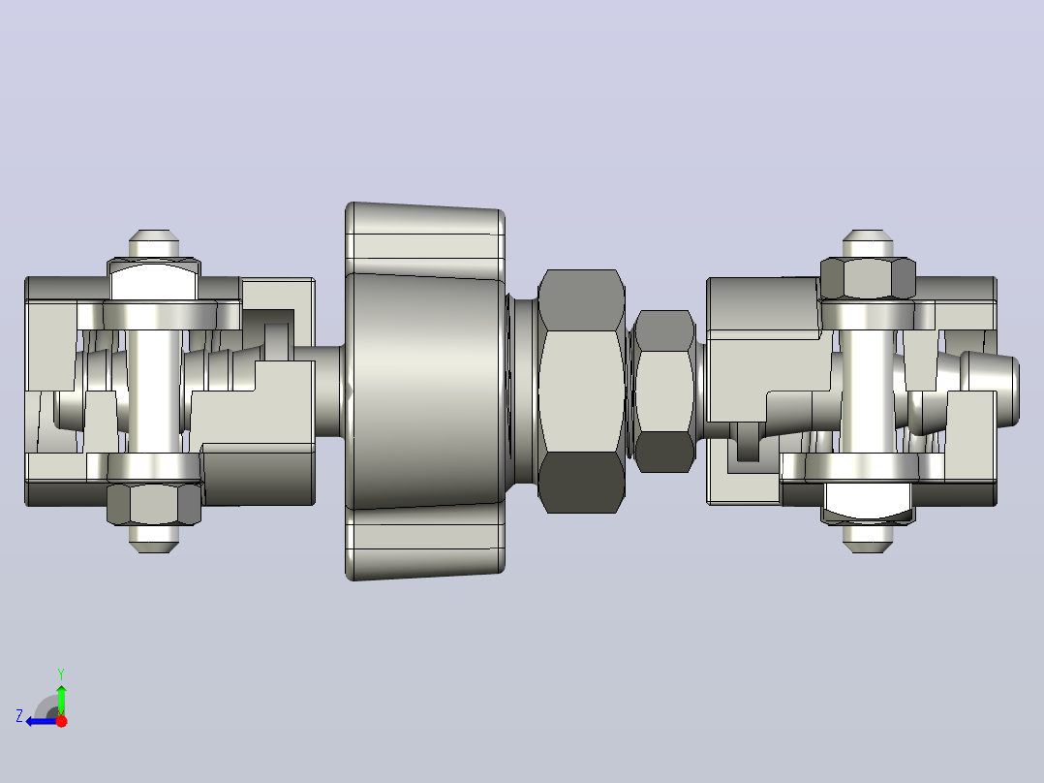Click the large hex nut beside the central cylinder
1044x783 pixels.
click(581, 391)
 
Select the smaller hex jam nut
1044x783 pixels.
click(663, 391)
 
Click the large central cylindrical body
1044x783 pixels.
click(425, 391)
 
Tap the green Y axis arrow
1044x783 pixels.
click(61, 693)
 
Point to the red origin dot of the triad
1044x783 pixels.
click(62, 721)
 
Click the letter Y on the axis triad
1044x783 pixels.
click(61, 673)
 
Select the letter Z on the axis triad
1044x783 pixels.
click(19, 716)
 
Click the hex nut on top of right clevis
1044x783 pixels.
click(868, 278)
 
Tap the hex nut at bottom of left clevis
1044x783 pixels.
click(154, 504)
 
